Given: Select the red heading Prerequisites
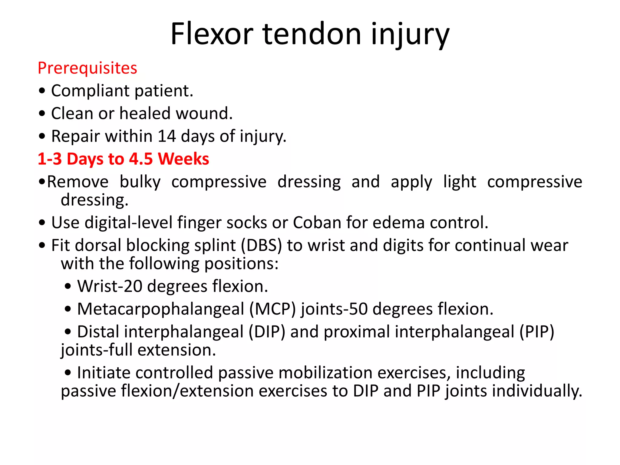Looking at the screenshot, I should pos(87,68).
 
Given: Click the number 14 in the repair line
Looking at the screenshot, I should pos(167,136).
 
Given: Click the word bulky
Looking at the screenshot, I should pos(140,182).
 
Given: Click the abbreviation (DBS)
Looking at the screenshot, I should pos(261,246).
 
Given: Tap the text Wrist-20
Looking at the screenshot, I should pos(110,286).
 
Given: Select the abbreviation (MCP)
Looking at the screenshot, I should pos(272,309).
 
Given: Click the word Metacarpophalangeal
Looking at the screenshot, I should pos(160,309).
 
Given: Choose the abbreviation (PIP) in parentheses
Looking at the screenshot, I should pos(537,332).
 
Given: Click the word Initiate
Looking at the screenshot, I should pos(104,373).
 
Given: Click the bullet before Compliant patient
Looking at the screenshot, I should pos(42,91).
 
